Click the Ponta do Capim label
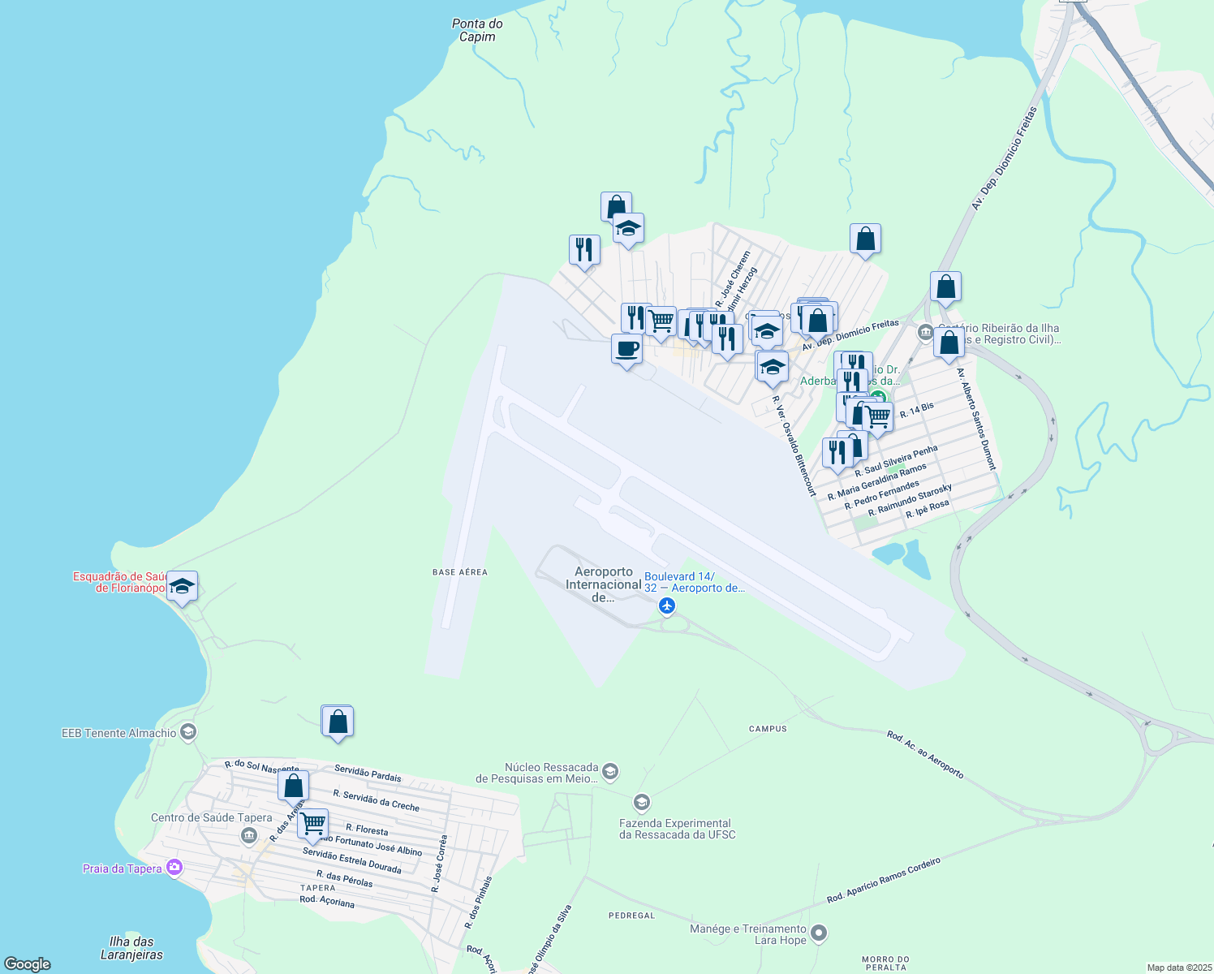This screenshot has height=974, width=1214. pyautogui.click(x=477, y=30)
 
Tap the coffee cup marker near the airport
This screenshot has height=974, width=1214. pyautogui.click(x=626, y=350)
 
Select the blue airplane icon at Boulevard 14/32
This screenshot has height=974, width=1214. pyautogui.click(x=667, y=606)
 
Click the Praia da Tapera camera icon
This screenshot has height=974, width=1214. pyautogui.click(x=174, y=868)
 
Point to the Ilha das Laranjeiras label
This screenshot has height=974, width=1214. pyautogui.click(x=131, y=948)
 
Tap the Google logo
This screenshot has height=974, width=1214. pyautogui.click(x=28, y=963)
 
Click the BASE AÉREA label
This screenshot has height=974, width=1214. pyautogui.click(x=460, y=572)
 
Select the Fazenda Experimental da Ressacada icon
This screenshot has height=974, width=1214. pyautogui.click(x=642, y=804)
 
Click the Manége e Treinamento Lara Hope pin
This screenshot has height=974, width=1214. pyautogui.click(x=819, y=933)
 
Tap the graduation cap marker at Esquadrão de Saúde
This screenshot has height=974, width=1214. pyautogui.click(x=182, y=586)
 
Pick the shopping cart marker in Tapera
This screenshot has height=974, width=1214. pyautogui.click(x=312, y=825)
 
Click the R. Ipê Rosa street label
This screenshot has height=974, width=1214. pyautogui.click(x=928, y=509)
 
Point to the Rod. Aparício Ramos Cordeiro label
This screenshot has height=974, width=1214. pyautogui.click(x=883, y=881)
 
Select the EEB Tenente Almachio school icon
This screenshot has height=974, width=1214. pyautogui.click(x=188, y=733)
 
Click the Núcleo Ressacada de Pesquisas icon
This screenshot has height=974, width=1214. pyautogui.click(x=611, y=770)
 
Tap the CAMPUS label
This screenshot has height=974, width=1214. pyautogui.click(x=768, y=729)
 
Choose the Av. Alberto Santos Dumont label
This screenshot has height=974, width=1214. pyautogui.click(x=975, y=419)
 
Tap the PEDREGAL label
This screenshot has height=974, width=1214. pyautogui.click(x=631, y=916)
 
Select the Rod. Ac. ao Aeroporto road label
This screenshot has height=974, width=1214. pyautogui.click(x=925, y=755)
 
